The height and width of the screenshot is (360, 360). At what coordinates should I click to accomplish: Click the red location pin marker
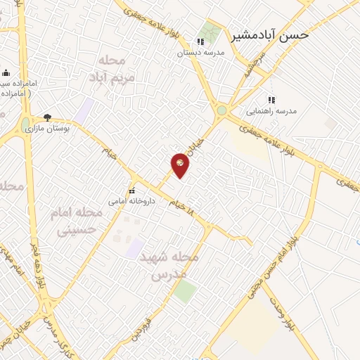(x=181, y=165)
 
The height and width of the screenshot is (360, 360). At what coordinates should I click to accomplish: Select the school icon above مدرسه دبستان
(x=200, y=41)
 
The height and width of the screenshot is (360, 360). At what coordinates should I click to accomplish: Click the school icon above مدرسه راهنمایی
(x=271, y=100)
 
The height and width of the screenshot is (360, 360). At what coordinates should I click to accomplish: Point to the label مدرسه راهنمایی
(x=271, y=111)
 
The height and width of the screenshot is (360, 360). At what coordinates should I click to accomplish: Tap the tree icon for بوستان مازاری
(x=47, y=118)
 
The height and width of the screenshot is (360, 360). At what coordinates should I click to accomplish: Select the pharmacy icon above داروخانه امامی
(x=131, y=191)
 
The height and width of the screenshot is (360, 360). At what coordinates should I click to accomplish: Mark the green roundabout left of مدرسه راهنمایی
(x=222, y=110)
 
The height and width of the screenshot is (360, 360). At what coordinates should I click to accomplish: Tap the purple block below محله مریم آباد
(x=86, y=110)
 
